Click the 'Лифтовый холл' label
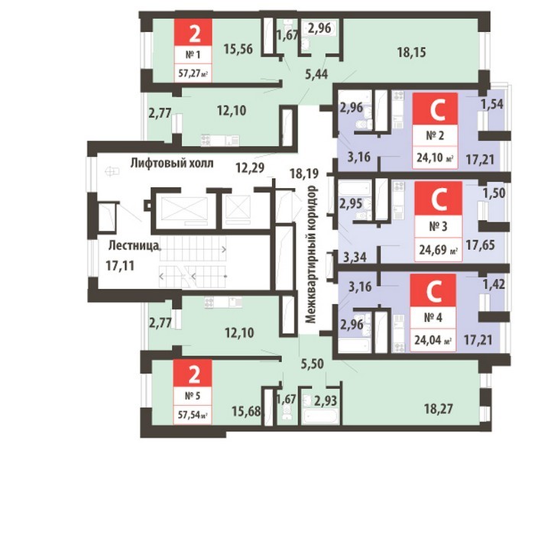click(172, 164)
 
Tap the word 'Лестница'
click(134, 245)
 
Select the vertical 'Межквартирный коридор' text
click(312, 255)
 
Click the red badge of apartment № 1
click(193, 32)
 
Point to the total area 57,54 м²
click(193, 416)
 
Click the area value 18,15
click(411, 53)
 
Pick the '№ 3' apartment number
click(438, 226)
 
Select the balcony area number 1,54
click(492, 105)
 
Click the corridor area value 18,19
click(304, 173)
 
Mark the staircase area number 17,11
click(120, 265)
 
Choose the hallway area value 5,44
click(317, 73)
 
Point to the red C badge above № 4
click(433, 290)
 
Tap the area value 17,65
click(481, 245)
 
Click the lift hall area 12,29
click(250, 168)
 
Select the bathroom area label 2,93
click(325, 400)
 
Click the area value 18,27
click(439, 409)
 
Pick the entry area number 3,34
click(355, 257)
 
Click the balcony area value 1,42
click(494, 284)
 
